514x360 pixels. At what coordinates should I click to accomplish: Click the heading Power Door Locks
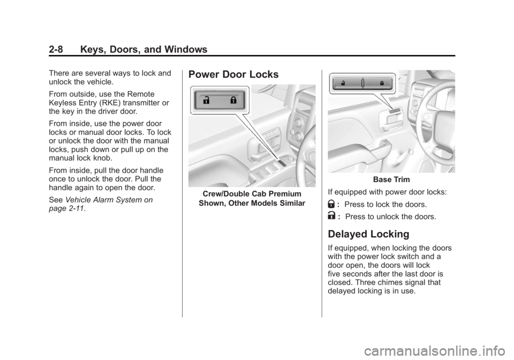[233, 74]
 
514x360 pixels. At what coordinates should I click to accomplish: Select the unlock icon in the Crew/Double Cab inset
[207, 100]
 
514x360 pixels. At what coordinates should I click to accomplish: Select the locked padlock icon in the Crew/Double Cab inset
[233, 100]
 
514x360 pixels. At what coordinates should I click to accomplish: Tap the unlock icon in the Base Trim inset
[343, 83]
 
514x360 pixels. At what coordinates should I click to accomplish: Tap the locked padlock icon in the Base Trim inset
[381, 83]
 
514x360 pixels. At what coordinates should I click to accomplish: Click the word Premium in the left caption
[283, 193]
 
